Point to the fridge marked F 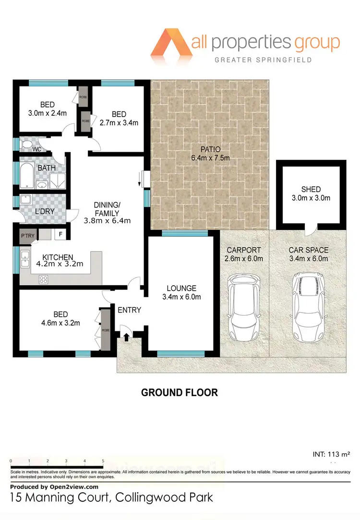60,234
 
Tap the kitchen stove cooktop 43,278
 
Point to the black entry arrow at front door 126,337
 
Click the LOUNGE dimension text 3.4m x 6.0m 181,297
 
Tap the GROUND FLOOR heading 179,392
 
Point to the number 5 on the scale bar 103,461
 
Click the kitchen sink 24,262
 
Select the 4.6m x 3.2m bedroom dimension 60,323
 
